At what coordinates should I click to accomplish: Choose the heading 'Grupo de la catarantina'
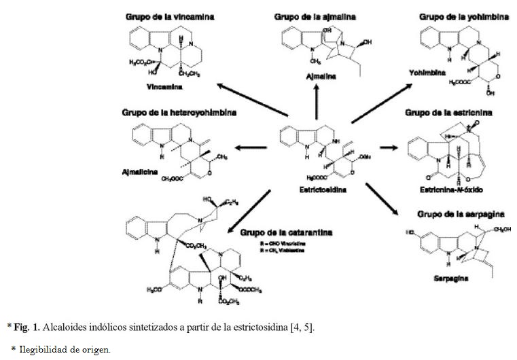(x=285, y=232)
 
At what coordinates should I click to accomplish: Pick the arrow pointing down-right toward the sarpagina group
(x=384, y=201)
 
